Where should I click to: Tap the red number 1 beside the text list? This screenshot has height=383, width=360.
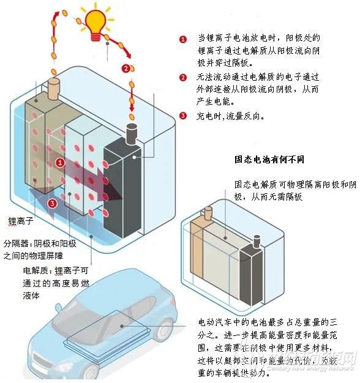tap(182, 39)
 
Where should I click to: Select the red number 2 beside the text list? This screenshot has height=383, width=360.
tap(182, 78)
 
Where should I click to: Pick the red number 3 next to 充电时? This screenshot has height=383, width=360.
tap(182, 116)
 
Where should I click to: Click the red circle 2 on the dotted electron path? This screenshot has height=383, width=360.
tap(126, 68)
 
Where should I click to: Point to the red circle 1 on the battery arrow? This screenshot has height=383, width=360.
tap(60, 162)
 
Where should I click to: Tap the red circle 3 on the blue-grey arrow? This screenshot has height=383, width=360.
tap(53, 203)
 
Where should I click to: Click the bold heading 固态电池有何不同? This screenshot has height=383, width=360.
tap(269, 159)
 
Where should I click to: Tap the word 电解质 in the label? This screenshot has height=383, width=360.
tap(36, 270)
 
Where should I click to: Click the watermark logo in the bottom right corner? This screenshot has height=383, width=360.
tap(324, 361)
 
